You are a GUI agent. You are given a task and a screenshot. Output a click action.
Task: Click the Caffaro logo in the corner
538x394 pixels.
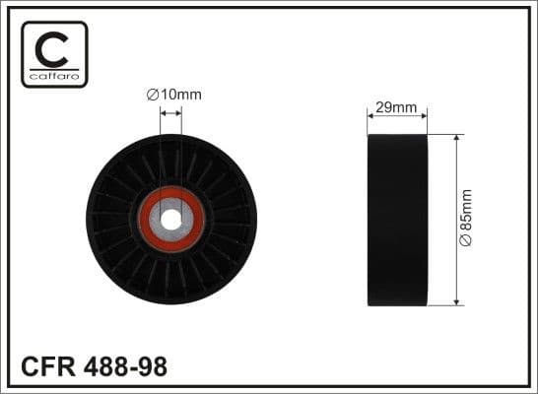coord(54,54)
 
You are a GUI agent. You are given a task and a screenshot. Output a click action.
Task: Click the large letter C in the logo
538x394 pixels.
coord(54,47)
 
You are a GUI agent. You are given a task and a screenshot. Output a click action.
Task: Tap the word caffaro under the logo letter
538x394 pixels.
coord(54,75)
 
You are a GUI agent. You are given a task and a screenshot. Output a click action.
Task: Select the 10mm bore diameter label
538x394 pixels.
coord(173,95)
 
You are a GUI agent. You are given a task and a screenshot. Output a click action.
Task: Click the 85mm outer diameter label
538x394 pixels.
coord(466,218)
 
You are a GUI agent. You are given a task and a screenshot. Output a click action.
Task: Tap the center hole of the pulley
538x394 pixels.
coord(171,219)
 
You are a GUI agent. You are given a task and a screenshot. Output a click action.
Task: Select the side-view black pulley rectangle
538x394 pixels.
coord(396,220)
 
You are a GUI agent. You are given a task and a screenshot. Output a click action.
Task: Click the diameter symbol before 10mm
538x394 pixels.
coord(153,95)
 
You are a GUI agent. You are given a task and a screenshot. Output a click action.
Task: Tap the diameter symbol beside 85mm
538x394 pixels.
coord(466,242)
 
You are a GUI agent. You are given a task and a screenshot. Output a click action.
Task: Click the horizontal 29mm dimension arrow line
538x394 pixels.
coord(396,116)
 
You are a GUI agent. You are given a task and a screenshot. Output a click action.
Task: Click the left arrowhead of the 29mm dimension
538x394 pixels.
coord(370,116)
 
